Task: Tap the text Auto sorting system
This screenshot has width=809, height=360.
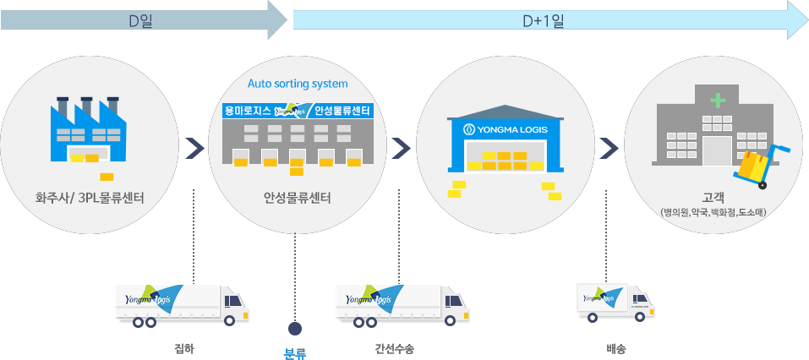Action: pos(298,84)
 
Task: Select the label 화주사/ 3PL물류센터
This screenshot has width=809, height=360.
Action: pos(89,199)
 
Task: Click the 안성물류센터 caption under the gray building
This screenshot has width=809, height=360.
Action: pos(297,199)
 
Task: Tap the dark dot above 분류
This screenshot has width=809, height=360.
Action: pos(295,328)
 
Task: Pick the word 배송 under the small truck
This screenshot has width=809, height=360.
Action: pos(616,347)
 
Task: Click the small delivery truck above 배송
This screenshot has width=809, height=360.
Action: pos(615,302)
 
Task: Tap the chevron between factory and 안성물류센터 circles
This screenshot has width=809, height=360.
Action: pos(194,149)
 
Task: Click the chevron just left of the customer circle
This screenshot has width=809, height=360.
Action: pos(607,149)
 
